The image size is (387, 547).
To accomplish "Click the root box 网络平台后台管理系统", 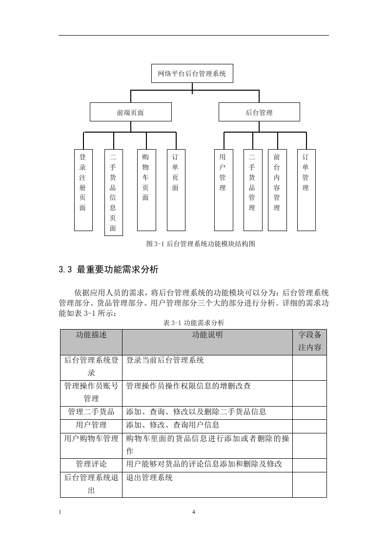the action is (x=192, y=73).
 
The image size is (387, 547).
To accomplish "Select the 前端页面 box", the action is (x=131, y=112).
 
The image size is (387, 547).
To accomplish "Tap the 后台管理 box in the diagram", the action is (x=259, y=112).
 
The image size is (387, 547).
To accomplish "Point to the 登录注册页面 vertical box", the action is (x=83, y=190).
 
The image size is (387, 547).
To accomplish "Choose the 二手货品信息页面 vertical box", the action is (x=114, y=193).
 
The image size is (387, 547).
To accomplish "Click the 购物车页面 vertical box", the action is (x=146, y=190).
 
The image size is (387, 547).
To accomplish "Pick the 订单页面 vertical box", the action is (x=176, y=190).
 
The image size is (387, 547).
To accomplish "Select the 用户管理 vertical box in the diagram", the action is (x=224, y=190).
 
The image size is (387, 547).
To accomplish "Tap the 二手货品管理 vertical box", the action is (x=253, y=190).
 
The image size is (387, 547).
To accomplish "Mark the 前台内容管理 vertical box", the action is (x=277, y=190).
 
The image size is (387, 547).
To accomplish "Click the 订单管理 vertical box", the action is (x=306, y=190).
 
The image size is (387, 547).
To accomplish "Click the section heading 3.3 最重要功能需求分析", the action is (x=109, y=269).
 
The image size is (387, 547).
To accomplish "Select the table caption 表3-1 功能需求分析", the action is (x=194, y=323).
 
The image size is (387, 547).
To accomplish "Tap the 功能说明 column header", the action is (x=207, y=335).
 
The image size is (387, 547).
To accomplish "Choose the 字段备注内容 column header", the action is (x=309, y=341).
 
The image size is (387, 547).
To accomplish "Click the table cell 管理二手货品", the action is (x=91, y=411).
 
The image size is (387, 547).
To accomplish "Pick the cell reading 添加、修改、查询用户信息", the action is (x=173, y=425).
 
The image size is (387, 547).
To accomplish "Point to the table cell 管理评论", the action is (x=91, y=464).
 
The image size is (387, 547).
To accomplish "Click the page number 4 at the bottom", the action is (x=193, y=512).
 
